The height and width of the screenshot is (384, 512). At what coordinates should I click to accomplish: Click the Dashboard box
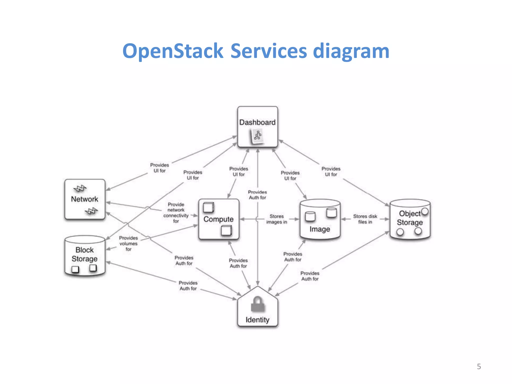257,126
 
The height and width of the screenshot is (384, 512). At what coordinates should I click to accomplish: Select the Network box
84,199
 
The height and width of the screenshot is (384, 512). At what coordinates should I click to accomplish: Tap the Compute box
218,219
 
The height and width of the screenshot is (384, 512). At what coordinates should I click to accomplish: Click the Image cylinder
320,219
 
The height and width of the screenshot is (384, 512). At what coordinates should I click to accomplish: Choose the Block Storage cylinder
84,255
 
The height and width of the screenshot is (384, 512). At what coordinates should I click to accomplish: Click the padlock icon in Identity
258,304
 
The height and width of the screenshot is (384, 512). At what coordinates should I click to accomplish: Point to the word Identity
257,320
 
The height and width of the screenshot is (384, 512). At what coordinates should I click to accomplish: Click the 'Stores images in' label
276,219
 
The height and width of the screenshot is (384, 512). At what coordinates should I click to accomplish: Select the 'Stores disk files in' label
365,219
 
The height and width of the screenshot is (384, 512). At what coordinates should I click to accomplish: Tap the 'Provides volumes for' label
128,243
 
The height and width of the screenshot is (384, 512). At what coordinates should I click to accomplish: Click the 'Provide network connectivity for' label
176,213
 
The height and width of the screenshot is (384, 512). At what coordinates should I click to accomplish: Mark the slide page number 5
479,366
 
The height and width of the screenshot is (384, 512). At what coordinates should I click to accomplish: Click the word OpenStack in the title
172,51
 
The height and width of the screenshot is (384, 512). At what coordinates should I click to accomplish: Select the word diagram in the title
351,51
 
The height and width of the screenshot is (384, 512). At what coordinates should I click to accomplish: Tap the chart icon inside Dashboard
257,136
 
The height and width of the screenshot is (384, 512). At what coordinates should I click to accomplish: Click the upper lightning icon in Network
80,188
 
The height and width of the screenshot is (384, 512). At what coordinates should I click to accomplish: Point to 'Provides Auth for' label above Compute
257,195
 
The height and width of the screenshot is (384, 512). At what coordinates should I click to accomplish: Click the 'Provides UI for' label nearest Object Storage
331,171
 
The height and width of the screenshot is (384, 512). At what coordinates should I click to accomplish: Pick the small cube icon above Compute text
208,207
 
